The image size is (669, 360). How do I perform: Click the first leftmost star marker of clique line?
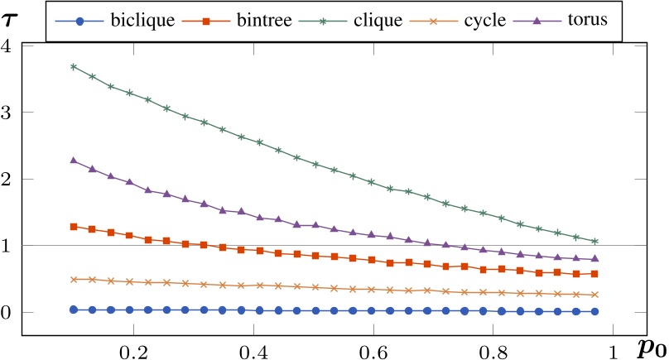74,66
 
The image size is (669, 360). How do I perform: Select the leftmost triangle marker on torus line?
74,160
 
